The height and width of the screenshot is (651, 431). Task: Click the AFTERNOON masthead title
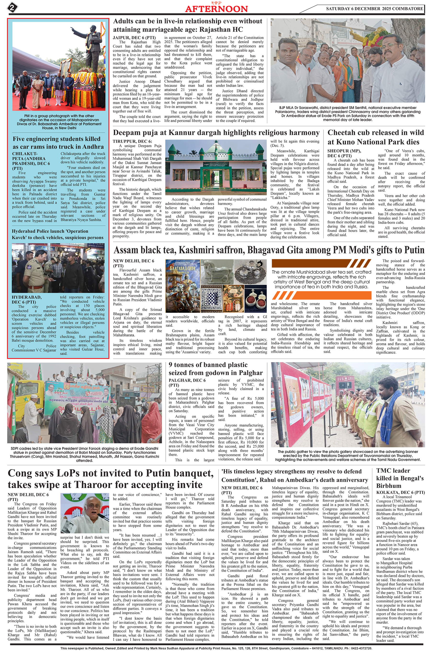[x=216, y=9]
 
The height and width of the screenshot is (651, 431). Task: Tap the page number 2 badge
[x=12, y=7]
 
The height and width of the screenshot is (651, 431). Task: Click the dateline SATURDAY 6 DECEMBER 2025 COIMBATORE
[x=374, y=9]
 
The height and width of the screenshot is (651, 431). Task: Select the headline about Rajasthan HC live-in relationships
[x=188, y=25]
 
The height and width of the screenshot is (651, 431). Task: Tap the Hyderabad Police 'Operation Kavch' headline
[x=57, y=234]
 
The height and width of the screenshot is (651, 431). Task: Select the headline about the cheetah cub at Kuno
[x=375, y=137]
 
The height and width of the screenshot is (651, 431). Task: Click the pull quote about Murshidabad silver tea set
[x=321, y=279]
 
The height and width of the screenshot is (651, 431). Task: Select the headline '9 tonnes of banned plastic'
[x=215, y=369]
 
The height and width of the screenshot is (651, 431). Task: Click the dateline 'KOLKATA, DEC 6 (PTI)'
[x=400, y=492]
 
